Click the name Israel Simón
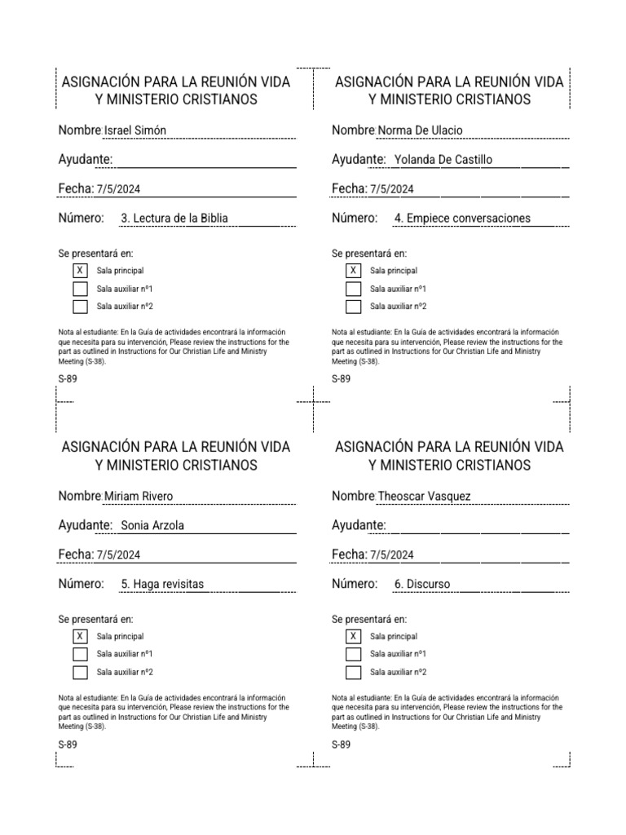(135, 131)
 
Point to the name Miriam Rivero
(139, 497)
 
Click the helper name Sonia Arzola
(152, 525)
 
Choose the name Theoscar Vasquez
(424, 497)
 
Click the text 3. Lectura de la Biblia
(174, 219)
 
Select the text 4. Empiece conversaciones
(462, 219)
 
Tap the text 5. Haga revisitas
(162, 584)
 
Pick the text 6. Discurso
(422, 584)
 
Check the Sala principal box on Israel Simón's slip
(80, 271)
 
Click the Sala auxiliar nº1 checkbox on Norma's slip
(353, 289)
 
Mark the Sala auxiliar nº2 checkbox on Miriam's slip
(80, 673)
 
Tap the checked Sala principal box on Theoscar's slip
(353, 637)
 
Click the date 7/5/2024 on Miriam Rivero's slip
(118, 555)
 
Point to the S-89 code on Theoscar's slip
(342, 745)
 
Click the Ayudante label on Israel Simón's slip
(85, 160)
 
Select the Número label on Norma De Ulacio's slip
(355, 219)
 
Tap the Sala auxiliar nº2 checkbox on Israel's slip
(80, 307)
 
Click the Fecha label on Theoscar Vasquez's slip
(349, 554)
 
